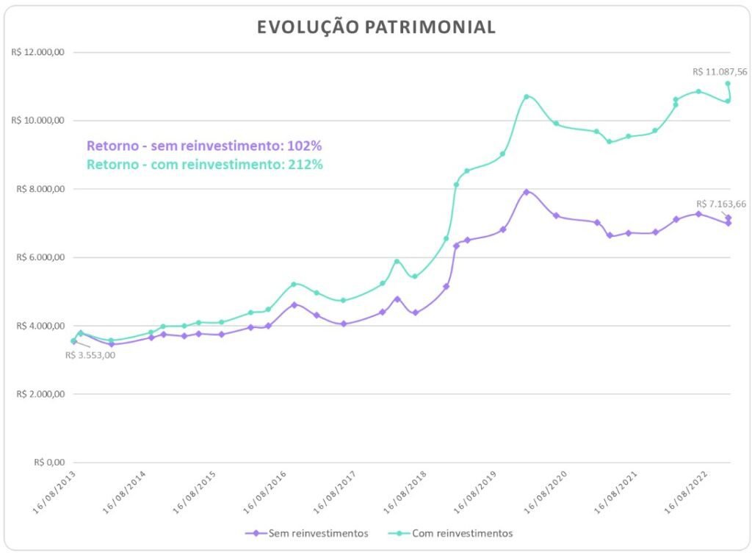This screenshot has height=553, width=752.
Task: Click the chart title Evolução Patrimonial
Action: [x=376, y=27]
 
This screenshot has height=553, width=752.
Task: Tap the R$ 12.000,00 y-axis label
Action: [x=39, y=52]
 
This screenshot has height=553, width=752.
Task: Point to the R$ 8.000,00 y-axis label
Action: [x=41, y=189]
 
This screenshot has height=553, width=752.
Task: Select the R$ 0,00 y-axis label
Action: [x=49, y=463]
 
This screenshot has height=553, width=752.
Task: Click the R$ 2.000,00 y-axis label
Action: [x=41, y=394]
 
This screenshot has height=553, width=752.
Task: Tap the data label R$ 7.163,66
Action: [x=723, y=204]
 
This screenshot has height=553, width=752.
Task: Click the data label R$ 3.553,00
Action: [x=90, y=355]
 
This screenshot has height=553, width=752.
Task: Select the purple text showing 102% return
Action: [x=204, y=146]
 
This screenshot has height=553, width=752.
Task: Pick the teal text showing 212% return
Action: [x=204, y=164]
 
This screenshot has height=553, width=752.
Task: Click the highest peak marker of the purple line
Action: [x=527, y=192]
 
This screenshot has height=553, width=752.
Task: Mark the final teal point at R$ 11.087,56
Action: [x=728, y=83]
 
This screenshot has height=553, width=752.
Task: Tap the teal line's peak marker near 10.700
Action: [x=527, y=96]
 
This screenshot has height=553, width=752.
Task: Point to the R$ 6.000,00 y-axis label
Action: [x=41, y=257]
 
